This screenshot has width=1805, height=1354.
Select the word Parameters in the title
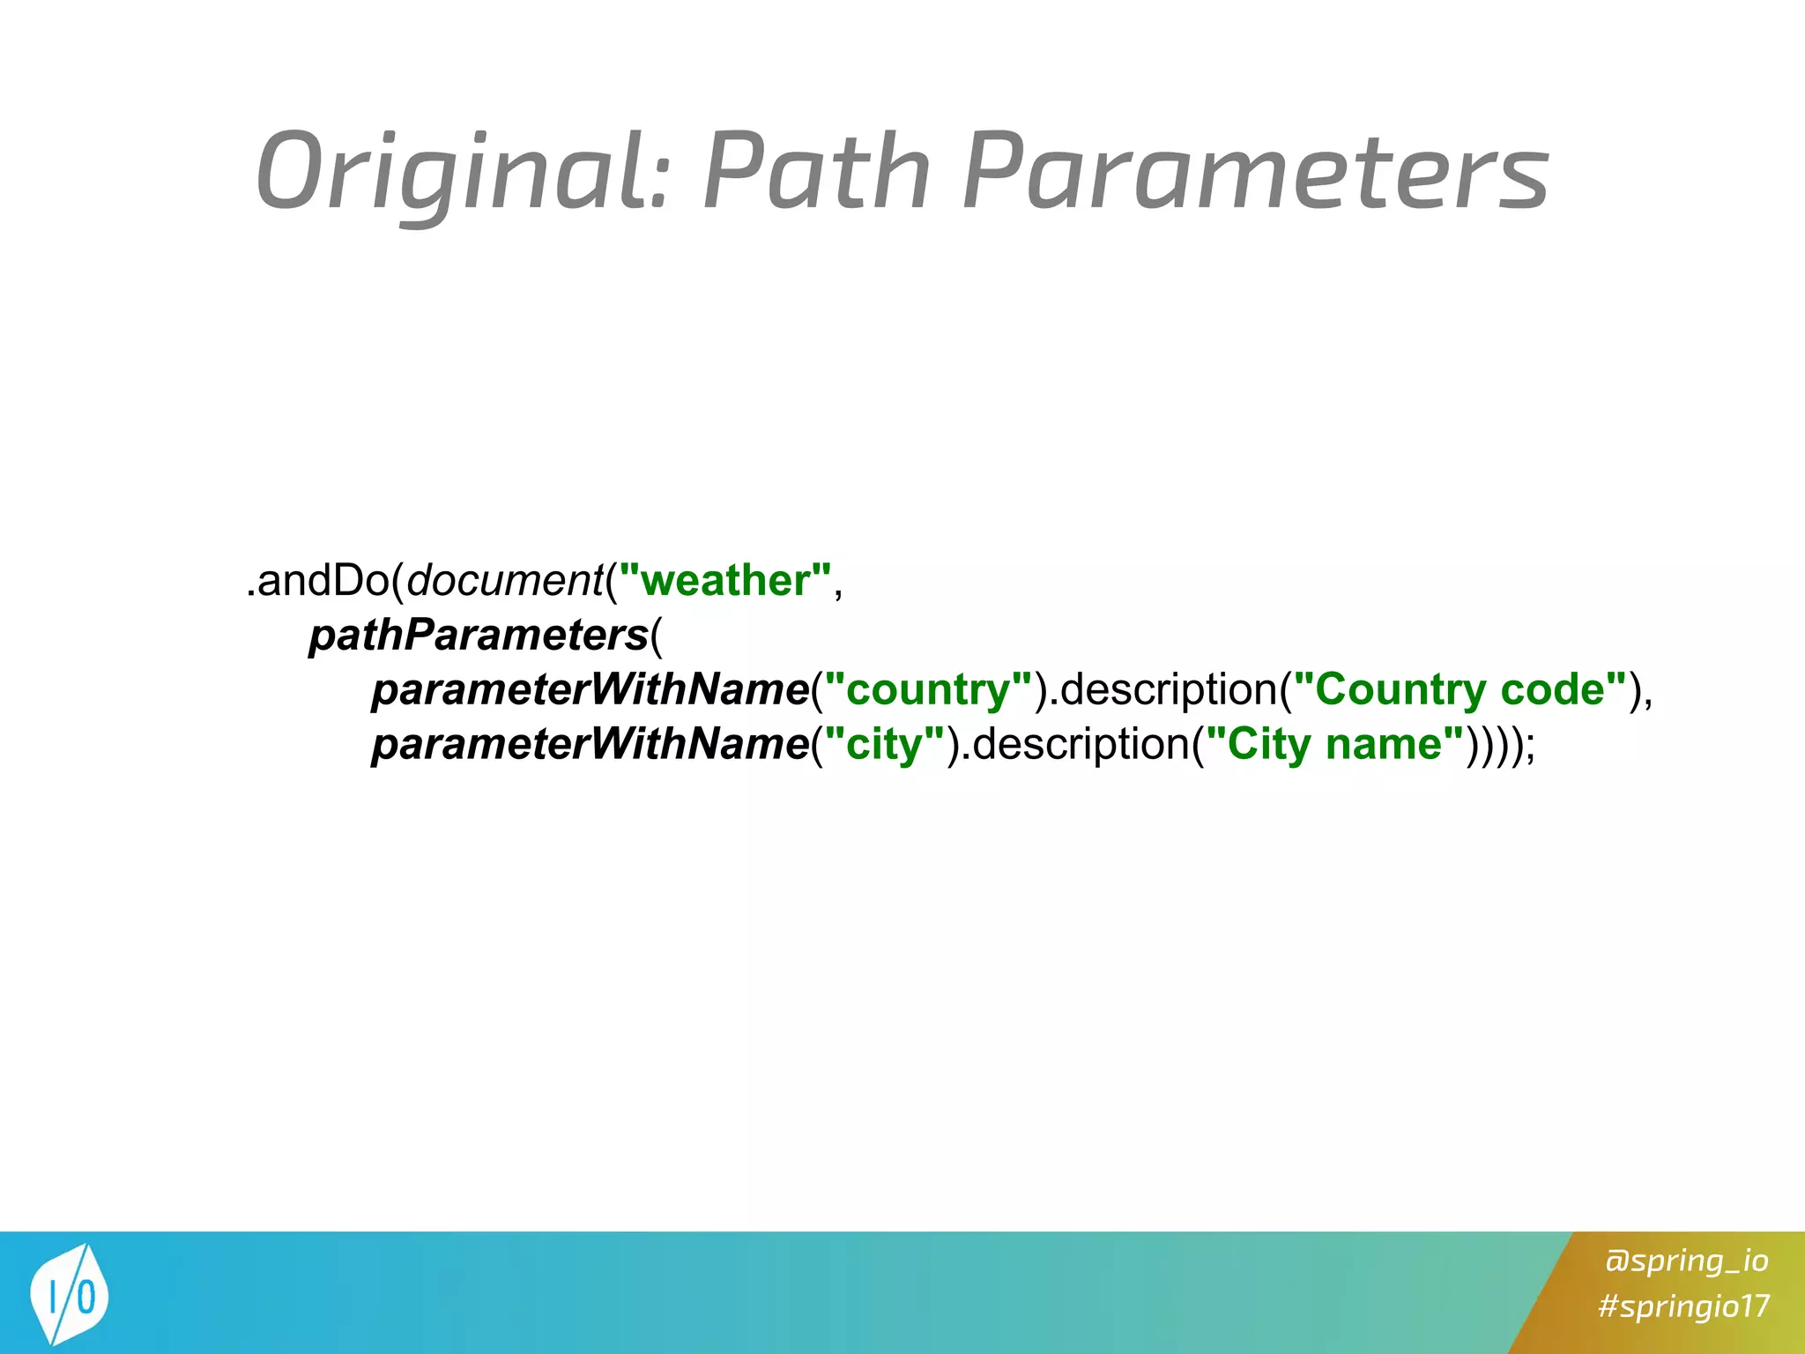(1255, 172)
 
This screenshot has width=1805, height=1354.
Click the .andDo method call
(317, 581)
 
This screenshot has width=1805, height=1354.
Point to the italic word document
(503, 581)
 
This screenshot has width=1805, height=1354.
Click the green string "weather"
(724, 581)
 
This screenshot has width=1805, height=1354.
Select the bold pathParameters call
(479, 636)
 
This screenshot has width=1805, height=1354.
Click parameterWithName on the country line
(590, 690)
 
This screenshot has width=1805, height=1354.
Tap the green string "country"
(928, 690)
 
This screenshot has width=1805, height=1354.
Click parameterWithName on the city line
(590, 745)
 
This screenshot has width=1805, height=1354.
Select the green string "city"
(884, 745)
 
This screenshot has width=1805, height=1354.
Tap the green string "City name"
(1333, 745)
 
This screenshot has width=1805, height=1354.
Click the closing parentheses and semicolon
(1500, 745)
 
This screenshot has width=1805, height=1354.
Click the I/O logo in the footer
(69, 1294)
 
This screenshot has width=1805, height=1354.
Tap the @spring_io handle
(1686, 1261)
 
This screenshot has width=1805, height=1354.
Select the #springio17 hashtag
(1683, 1306)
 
